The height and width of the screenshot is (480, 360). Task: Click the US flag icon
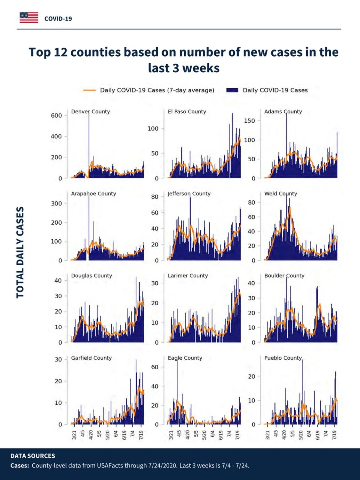click(x=29, y=18)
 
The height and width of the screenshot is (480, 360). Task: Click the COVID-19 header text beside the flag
click(x=58, y=19)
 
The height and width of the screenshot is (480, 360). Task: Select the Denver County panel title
click(x=91, y=112)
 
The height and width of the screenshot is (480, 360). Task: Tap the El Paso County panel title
click(x=187, y=112)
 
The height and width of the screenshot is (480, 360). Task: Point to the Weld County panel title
click(x=281, y=194)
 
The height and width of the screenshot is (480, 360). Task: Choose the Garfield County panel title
click(x=92, y=358)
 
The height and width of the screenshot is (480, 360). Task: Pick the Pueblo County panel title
click(x=283, y=358)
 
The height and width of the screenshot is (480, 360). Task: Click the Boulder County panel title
click(x=284, y=276)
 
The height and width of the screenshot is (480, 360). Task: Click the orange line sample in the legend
click(x=89, y=90)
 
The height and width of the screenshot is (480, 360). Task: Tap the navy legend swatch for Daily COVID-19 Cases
click(x=232, y=90)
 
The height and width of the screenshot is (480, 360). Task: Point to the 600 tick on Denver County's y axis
click(x=56, y=116)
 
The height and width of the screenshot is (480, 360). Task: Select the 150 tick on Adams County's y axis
click(x=249, y=121)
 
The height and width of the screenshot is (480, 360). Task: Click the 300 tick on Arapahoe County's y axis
click(x=56, y=204)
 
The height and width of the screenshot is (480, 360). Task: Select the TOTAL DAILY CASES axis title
click(x=20, y=252)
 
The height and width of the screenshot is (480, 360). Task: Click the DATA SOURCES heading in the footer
click(x=33, y=456)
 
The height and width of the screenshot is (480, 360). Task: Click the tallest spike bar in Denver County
click(x=89, y=145)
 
